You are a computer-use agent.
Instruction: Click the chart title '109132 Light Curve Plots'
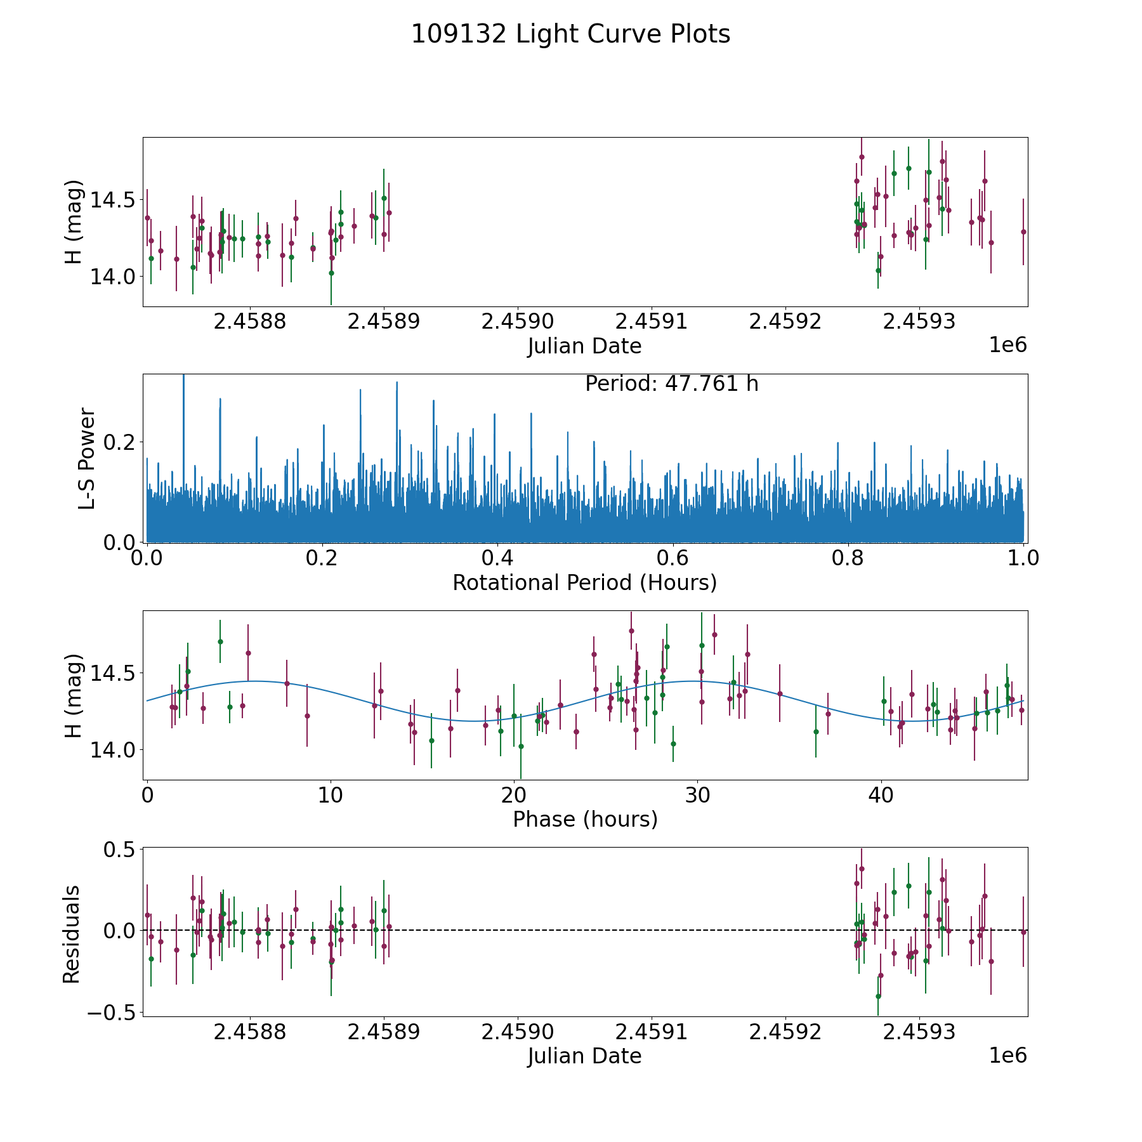(570, 34)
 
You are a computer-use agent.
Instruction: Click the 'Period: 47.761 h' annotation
(671, 384)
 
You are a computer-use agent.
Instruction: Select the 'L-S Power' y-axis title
(88, 458)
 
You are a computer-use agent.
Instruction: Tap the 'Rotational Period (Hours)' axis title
(584, 582)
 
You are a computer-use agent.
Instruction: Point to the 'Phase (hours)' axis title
(584, 819)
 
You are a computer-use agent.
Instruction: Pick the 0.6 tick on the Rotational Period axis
(673, 558)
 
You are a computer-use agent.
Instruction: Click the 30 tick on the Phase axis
(698, 795)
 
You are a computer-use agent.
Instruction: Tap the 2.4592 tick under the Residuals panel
(785, 1032)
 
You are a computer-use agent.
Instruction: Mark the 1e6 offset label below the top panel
(1007, 345)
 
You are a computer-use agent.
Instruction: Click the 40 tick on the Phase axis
(881, 795)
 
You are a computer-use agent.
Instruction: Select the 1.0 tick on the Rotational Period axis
(1023, 558)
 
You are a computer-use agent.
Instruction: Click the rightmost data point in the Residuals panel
(1023, 932)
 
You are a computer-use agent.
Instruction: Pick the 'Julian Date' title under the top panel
(584, 346)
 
